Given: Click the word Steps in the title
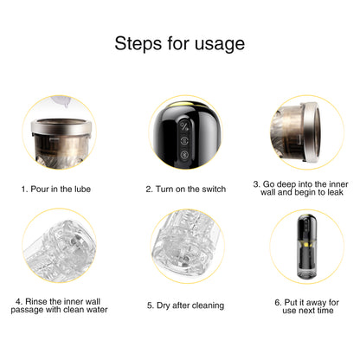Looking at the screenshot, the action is click(138, 44).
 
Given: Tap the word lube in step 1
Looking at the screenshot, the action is click(82, 190).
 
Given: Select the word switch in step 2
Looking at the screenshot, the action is click(214, 190).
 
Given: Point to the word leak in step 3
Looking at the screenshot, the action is click(334, 192).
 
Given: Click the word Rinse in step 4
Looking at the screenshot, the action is click(36, 301).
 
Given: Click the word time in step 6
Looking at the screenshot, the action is click(325, 311).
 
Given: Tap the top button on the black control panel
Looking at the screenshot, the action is click(184, 126).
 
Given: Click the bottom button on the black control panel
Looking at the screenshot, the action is click(184, 155).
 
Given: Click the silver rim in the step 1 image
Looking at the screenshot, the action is click(61, 128).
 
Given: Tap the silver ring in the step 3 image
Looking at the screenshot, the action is click(312, 132).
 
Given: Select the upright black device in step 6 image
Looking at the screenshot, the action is click(306, 247).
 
